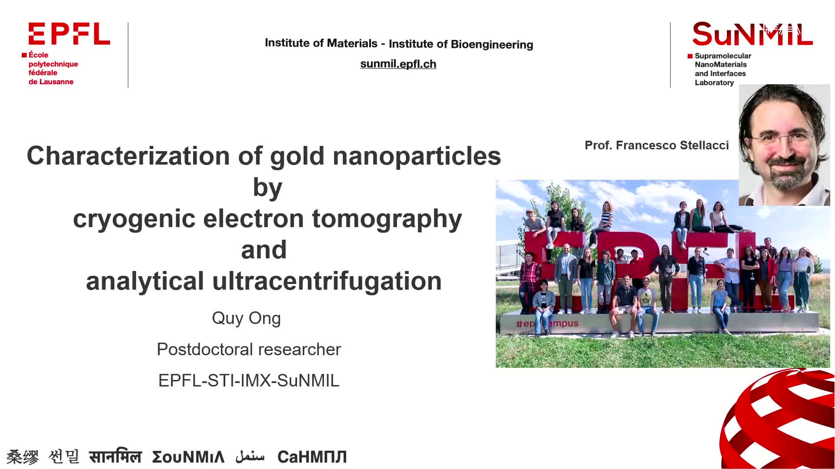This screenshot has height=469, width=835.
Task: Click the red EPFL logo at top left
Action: click(69, 34)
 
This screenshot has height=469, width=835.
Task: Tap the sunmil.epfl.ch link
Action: click(398, 64)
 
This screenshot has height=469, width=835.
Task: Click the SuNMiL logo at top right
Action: click(752, 34)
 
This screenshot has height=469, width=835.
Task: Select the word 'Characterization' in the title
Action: click(128, 155)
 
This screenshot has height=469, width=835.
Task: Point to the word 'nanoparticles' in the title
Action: click(417, 156)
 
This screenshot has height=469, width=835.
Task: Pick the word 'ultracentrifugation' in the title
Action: click(327, 281)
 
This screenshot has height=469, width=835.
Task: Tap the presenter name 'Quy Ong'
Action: click(246, 318)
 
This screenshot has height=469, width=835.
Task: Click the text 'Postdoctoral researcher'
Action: click(249, 349)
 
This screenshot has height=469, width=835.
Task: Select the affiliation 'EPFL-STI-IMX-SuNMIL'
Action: click(249, 380)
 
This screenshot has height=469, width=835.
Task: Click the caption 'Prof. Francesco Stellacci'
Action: click(657, 145)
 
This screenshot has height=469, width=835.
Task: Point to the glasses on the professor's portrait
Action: click(783, 139)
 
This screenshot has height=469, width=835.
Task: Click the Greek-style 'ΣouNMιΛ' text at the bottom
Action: click(188, 457)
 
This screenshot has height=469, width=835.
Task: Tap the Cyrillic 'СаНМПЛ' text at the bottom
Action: click(312, 457)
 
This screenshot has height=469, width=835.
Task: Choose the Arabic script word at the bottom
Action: click(250, 456)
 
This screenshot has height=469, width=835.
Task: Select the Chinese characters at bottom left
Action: click(23, 457)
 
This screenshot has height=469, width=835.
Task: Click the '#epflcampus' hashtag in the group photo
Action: click(547, 324)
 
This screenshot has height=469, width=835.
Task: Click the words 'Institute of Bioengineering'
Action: click(461, 44)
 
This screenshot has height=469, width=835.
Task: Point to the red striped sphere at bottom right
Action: click(778, 419)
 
